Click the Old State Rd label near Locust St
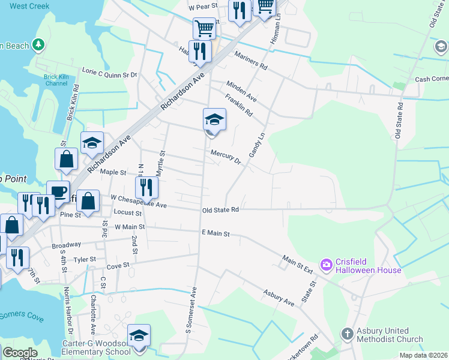coord(221,209)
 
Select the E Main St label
coord(216,233)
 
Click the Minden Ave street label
coord(241,91)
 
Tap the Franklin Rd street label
coord(239,105)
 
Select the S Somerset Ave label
coord(191,309)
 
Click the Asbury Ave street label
coord(279,298)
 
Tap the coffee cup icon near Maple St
coord(58,192)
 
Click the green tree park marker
coord(39,44)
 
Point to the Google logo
coord(20,352)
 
